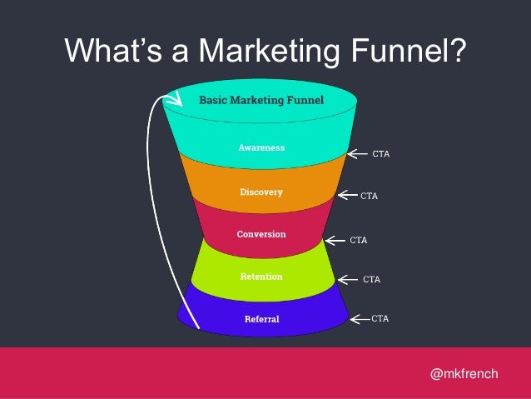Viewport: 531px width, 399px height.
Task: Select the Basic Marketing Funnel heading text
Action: (261, 101)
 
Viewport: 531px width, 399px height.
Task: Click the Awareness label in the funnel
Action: (261, 147)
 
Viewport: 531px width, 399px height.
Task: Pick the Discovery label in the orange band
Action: (261, 192)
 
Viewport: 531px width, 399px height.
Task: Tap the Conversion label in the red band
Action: (261, 234)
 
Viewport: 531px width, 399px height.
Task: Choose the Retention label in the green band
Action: (261, 276)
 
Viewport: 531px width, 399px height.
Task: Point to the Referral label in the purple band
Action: (261, 319)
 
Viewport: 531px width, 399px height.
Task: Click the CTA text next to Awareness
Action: (381, 154)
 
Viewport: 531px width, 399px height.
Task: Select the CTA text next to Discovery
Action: (369, 197)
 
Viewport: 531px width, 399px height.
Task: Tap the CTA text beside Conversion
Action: (359, 240)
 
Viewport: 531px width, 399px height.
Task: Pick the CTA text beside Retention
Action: (371, 279)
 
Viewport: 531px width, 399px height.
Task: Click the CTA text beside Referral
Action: (380, 318)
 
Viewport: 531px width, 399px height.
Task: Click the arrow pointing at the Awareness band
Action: (356, 153)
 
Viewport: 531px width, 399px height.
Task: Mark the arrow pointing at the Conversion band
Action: (334, 240)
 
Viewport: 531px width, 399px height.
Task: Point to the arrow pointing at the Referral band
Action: (359, 318)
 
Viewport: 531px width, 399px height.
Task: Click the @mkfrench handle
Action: (464, 373)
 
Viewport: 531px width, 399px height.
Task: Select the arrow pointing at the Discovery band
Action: (346, 197)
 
